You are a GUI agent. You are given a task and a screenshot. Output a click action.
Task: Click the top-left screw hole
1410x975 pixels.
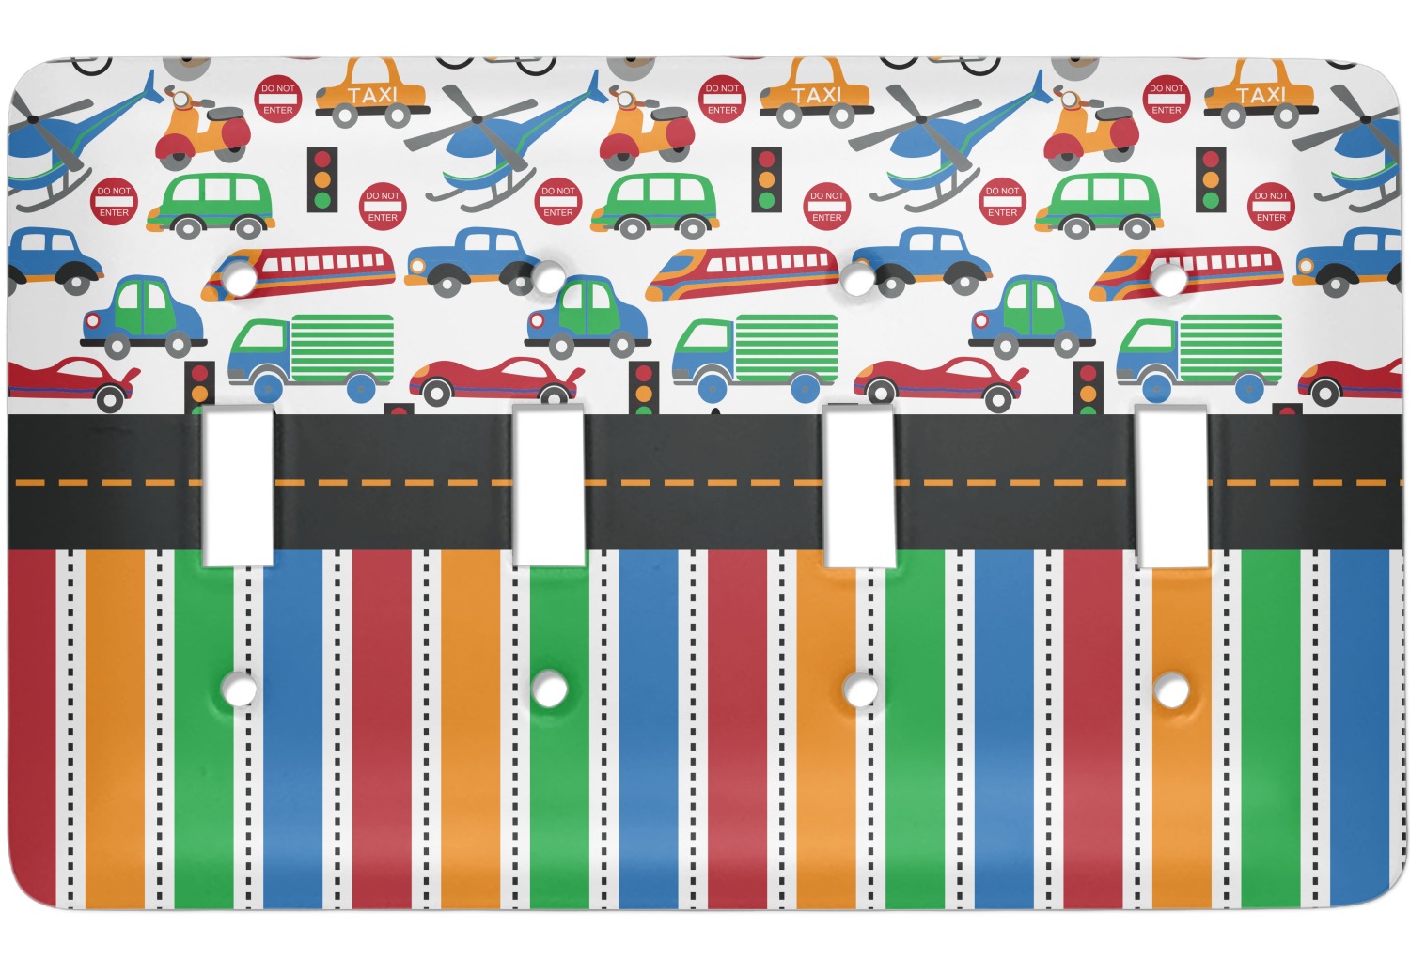click(x=240, y=279)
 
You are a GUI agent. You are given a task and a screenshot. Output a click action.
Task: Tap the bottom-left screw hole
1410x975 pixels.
click(x=240, y=690)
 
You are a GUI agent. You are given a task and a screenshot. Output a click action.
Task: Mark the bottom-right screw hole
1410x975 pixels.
click(x=1171, y=691)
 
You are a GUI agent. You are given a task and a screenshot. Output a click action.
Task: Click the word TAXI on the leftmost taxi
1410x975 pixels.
click(x=373, y=95)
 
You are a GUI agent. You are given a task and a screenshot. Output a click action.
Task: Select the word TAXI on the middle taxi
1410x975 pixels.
click(x=817, y=95)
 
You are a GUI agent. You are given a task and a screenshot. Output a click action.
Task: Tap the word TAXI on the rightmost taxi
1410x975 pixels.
click(x=1261, y=95)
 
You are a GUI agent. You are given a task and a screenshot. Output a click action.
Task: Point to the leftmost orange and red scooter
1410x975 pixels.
click(x=201, y=130)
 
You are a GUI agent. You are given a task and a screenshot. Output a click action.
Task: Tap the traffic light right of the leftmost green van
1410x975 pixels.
click(x=322, y=178)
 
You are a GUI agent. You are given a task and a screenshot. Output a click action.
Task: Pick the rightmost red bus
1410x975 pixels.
click(x=1187, y=269)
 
